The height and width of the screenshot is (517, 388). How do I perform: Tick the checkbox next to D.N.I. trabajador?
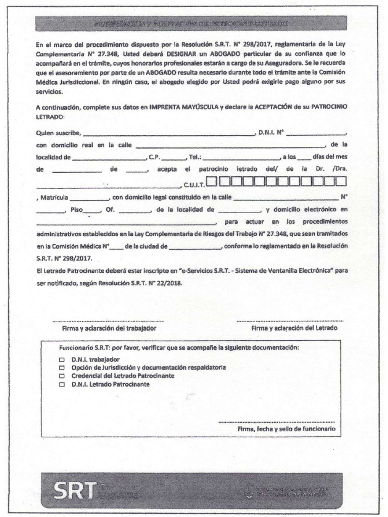coord(62,359)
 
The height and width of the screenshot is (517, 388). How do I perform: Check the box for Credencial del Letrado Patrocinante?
coord(62,376)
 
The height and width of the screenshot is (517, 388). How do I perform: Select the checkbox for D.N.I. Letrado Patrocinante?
coord(62,384)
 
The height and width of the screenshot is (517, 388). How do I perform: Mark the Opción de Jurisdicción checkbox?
coord(62,368)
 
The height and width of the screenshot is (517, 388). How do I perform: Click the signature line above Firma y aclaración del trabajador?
coord(108,321)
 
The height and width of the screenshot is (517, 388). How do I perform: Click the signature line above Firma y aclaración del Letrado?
coord(290,321)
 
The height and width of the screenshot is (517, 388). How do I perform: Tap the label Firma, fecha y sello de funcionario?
coord(286,429)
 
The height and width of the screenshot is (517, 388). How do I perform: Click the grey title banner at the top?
coord(191,24)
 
